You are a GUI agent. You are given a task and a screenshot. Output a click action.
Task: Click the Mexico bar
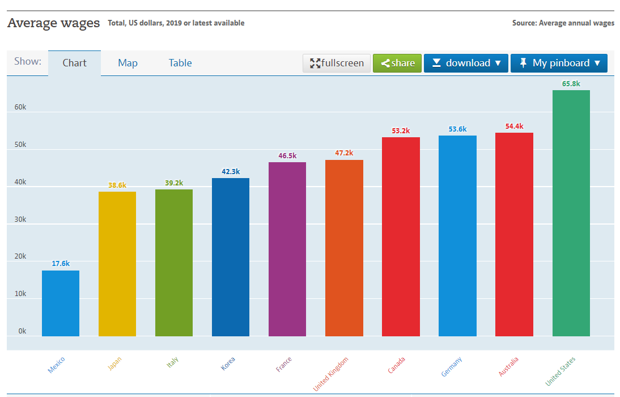pos(61,303)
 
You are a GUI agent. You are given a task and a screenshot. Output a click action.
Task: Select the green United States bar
pos(571,213)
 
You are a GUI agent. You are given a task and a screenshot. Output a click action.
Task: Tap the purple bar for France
pos(287,250)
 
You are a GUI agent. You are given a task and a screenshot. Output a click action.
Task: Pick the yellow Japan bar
pos(117,264)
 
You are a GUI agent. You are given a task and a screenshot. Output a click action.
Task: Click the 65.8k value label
pos(571,84)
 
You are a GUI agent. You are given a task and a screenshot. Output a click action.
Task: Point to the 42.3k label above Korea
pos(231,171)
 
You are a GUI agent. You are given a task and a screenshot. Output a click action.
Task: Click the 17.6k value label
pos(61,264)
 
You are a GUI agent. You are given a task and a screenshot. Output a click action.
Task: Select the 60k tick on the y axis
pos(20,107)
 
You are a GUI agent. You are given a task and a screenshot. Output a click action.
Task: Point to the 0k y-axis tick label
pos(22,331)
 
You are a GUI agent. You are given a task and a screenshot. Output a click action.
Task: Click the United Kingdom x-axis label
pos(331,373)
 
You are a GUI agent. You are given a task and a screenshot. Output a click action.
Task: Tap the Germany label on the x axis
pos(452,366)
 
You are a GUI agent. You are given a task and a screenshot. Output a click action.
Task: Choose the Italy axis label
pos(172,362)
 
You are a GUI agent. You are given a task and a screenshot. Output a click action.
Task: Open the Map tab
pos(128,63)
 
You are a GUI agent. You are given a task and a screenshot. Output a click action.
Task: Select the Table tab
pos(180,63)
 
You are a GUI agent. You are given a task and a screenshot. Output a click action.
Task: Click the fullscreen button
pos(337,63)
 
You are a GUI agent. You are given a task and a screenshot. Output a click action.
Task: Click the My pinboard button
pos(559,63)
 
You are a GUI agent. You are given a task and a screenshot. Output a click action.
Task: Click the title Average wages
pos(53,23)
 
